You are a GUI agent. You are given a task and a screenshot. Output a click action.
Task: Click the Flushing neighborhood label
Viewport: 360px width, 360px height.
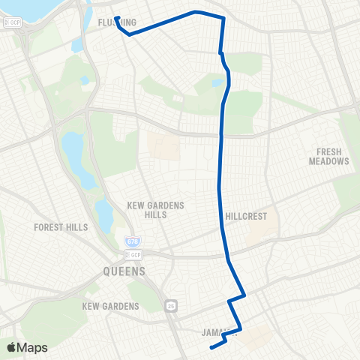[x=117, y=22]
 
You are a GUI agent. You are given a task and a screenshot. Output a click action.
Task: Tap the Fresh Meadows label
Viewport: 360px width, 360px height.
[x=328, y=157]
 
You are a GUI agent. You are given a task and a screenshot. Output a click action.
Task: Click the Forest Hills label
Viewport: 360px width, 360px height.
[x=61, y=226]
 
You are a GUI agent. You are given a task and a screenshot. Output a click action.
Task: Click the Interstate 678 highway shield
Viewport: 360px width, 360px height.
[x=130, y=241]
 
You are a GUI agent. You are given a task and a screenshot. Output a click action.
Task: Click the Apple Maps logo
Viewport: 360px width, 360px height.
[x=27, y=347]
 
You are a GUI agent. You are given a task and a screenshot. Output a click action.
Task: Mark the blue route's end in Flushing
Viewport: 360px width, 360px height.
[x=117, y=17]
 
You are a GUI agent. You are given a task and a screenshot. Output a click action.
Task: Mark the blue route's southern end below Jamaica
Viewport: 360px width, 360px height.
[x=211, y=347]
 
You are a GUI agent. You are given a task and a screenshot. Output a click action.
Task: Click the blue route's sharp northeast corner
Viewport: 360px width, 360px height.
[x=223, y=17]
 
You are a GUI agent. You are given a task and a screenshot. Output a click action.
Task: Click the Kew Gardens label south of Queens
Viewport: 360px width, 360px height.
[x=111, y=306]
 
